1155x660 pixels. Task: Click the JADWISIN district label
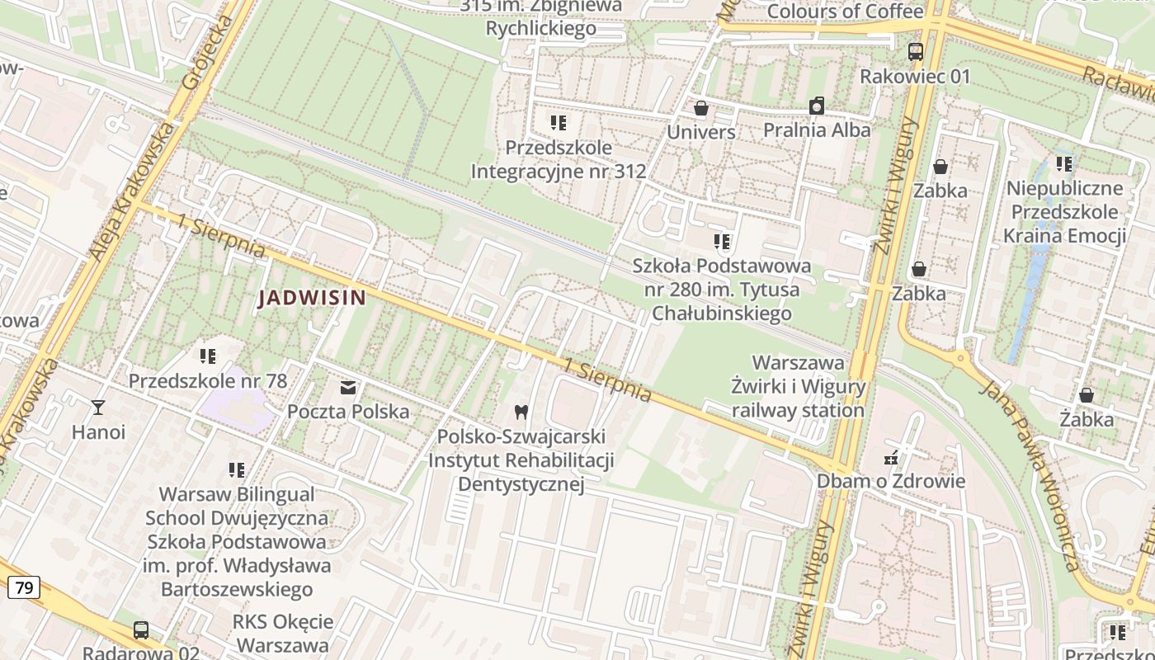(x=311, y=298)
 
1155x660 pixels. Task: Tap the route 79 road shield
(x=24, y=587)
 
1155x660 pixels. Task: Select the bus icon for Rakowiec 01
(x=915, y=51)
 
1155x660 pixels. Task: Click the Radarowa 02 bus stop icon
(x=141, y=630)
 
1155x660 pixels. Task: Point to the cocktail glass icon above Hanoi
(x=98, y=407)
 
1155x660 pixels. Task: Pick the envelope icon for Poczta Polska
(x=348, y=387)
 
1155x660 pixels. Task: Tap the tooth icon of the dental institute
(x=521, y=412)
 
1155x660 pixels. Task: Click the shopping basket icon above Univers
(x=701, y=108)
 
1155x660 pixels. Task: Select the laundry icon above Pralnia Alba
(x=817, y=106)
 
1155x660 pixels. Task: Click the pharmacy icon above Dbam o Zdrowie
(x=891, y=456)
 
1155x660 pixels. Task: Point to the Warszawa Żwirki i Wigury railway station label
(x=798, y=386)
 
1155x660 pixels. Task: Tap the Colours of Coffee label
(x=845, y=11)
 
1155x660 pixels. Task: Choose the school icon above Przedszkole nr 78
(x=208, y=356)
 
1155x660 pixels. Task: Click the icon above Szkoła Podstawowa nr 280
(x=722, y=242)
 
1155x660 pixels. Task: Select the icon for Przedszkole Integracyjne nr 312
(x=559, y=123)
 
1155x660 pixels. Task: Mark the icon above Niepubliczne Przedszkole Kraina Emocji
(x=1064, y=163)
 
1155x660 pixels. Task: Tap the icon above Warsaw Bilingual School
(x=237, y=470)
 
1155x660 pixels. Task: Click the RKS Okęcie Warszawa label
(x=281, y=633)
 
